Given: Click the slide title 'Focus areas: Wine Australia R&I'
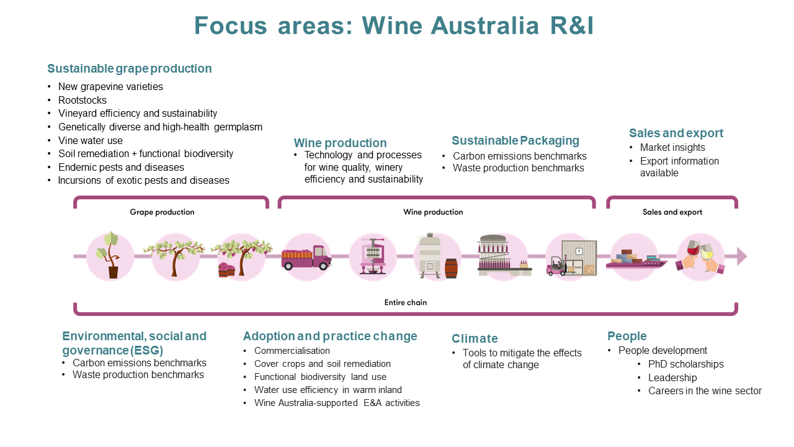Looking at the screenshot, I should coord(394,26).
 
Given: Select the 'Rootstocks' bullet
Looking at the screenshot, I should coord(83,100).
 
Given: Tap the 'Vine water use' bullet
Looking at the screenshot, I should coord(91,140).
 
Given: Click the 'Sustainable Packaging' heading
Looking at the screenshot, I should coord(515,140).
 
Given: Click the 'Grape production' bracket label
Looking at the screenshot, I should coord(162,212).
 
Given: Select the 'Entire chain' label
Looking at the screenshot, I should coord(405,303).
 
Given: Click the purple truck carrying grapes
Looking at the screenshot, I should coord(306,256).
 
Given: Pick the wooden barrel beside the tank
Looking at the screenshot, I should coord(451,268).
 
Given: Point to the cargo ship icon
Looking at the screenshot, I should coord(636,259).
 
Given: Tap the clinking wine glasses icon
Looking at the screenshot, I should coord(700,256).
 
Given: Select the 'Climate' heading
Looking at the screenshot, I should coord(475,338).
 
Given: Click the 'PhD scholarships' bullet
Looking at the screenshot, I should coord(685,364).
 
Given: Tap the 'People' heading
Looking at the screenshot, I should coord(627,336).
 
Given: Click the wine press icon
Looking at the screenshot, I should coord(373,255).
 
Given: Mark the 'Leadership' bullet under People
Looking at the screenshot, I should coord(672,377).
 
